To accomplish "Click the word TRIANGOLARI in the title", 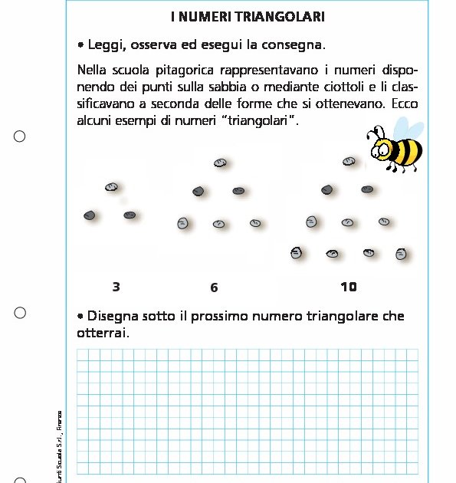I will point(287,16).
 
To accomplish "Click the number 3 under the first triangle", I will point(116,287).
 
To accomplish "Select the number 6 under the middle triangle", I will point(214,287).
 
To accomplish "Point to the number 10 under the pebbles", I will point(348,287).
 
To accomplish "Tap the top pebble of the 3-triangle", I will point(111,187).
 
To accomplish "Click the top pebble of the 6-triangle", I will point(220,163).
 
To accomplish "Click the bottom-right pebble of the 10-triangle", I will point(400,253).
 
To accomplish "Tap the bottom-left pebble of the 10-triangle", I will point(297,251).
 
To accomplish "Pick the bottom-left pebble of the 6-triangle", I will point(182,223).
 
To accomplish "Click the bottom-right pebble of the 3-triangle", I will point(130,215).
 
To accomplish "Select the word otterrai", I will point(102,333).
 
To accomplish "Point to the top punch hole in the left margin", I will point(20,136).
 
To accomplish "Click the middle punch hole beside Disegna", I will point(20,312).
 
